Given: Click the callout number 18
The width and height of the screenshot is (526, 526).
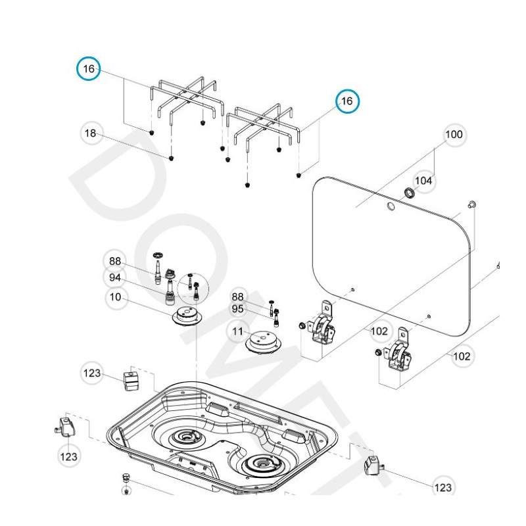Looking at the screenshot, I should (x=91, y=133).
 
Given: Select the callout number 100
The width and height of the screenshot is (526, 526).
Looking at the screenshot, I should (x=454, y=134).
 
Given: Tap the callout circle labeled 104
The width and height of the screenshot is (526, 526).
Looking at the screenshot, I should (x=424, y=180).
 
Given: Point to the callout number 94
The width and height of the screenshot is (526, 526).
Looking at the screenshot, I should (x=116, y=277).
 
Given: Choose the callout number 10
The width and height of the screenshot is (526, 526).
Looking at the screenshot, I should (x=116, y=297).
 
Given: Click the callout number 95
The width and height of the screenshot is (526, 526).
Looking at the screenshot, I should (x=237, y=309).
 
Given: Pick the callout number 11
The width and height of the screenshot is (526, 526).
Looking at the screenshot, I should (x=237, y=332).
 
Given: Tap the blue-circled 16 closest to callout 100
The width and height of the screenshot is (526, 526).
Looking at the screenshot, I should (x=347, y=101).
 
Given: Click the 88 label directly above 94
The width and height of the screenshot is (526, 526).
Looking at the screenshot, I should (x=116, y=261).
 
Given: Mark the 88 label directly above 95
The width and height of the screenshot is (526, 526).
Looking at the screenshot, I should (x=237, y=297).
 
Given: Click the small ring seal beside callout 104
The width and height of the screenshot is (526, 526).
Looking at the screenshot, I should (x=408, y=193).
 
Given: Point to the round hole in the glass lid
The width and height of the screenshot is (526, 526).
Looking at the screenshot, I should (x=391, y=207).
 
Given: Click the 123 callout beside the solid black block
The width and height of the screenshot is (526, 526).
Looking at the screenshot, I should (x=93, y=373).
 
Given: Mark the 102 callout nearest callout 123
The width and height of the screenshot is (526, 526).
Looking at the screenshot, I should (x=462, y=356).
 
